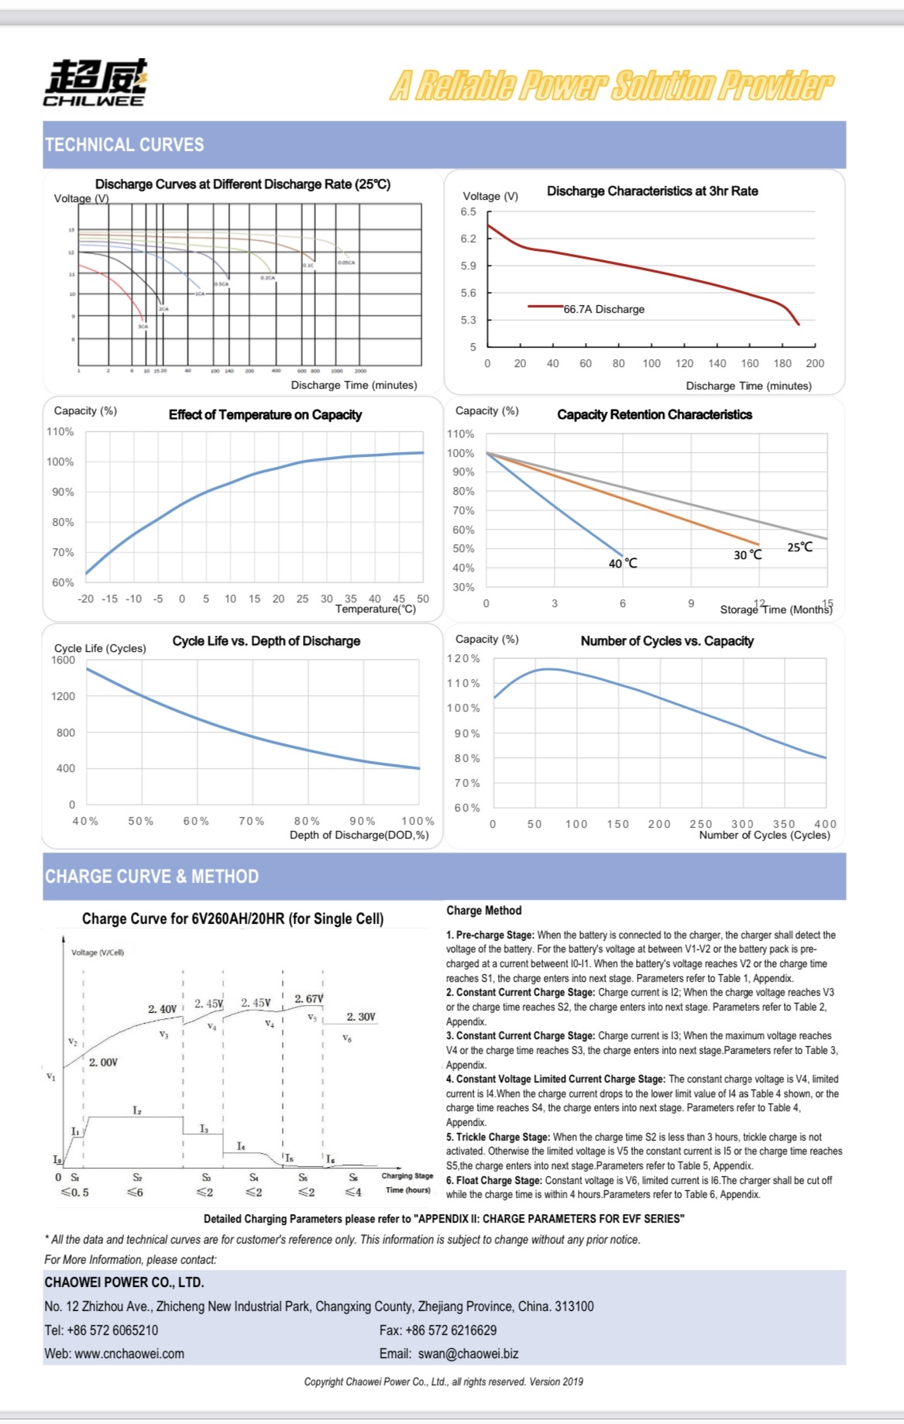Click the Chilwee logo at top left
[x=95, y=82]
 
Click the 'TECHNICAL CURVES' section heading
[x=124, y=145]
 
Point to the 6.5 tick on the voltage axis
[x=469, y=211]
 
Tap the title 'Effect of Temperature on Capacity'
[x=265, y=414]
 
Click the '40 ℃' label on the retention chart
[x=623, y=563]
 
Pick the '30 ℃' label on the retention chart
[x=748, y=554]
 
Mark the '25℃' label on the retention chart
[x=800, y=547]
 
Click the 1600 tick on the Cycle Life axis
[x=64, y=660]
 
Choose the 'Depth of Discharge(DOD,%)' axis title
[x=359, y=835]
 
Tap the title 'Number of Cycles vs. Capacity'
[x=667, y=640]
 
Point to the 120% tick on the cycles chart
[x=463, y=658]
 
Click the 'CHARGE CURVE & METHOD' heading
[x=152, y=877]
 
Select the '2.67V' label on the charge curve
[x=308, y=999]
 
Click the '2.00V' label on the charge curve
[x=103, y=1062]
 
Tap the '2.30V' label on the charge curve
[x=361, y=1017]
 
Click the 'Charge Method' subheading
[x=483, y=911]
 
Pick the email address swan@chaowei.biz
[x=468, y=1354]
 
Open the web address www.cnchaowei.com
[x=129, y=1354]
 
